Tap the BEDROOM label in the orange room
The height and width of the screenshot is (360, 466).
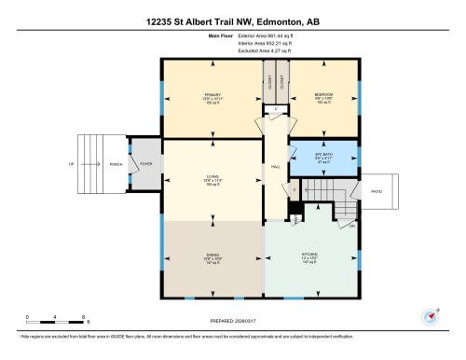[323, 94]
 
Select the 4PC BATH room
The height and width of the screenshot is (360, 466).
[322, 157]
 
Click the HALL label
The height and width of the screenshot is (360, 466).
[276, 167]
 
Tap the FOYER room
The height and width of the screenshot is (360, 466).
[145, 164]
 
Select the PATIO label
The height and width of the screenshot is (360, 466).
[377, 192]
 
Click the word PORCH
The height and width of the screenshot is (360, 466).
[116, 164]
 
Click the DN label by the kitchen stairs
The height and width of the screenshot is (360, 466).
[352, 227]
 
